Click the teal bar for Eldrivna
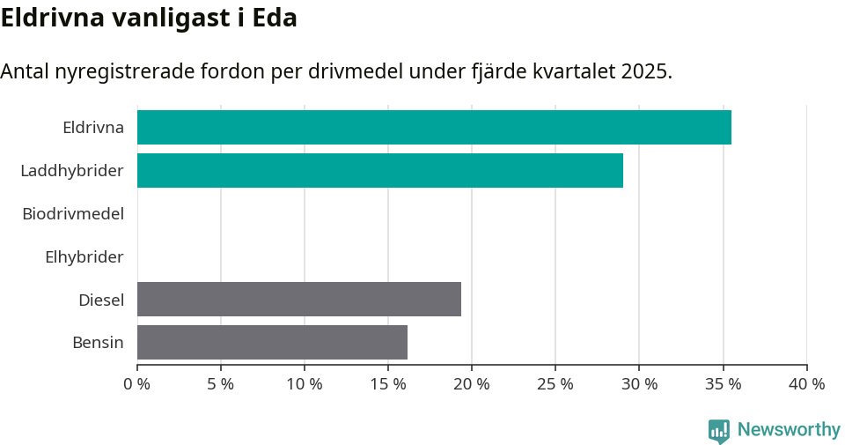click(x=434, y=127)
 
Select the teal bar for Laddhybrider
click(x=380, y=170)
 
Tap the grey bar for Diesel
click(x=299, y=299)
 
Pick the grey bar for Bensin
click(x=272, y=342)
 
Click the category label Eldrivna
click(x=93, y=128)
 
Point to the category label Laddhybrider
click(x=72, y=170)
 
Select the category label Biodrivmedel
click(x=73, y=213)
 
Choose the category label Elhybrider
click(x=84, y=257)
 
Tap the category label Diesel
click(x=101, y=300)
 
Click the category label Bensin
click(x=98, y=343)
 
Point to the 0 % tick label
click(x=137, y=384)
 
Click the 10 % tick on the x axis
click(x=305, y=384)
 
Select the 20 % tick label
click(x=472, y=384)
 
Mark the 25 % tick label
click(x=555, y=384)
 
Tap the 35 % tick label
click(x=723, y=384)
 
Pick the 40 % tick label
click(x=806, y=384)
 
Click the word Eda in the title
click(x=275, y=18)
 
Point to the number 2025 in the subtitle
click(x=643, y=71)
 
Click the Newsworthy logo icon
click(x=719, y=430)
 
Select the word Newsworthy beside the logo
click(x=789, y=430)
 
